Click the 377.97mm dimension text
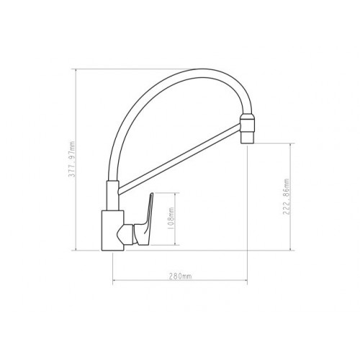tap(72, 159)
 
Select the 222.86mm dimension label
tap(287, 197)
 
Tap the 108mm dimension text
tap(171, 218)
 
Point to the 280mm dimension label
tap(181, 276)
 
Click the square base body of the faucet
tap(113, 230)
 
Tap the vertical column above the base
tap(112, 196)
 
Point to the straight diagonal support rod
tap(179, 158)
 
